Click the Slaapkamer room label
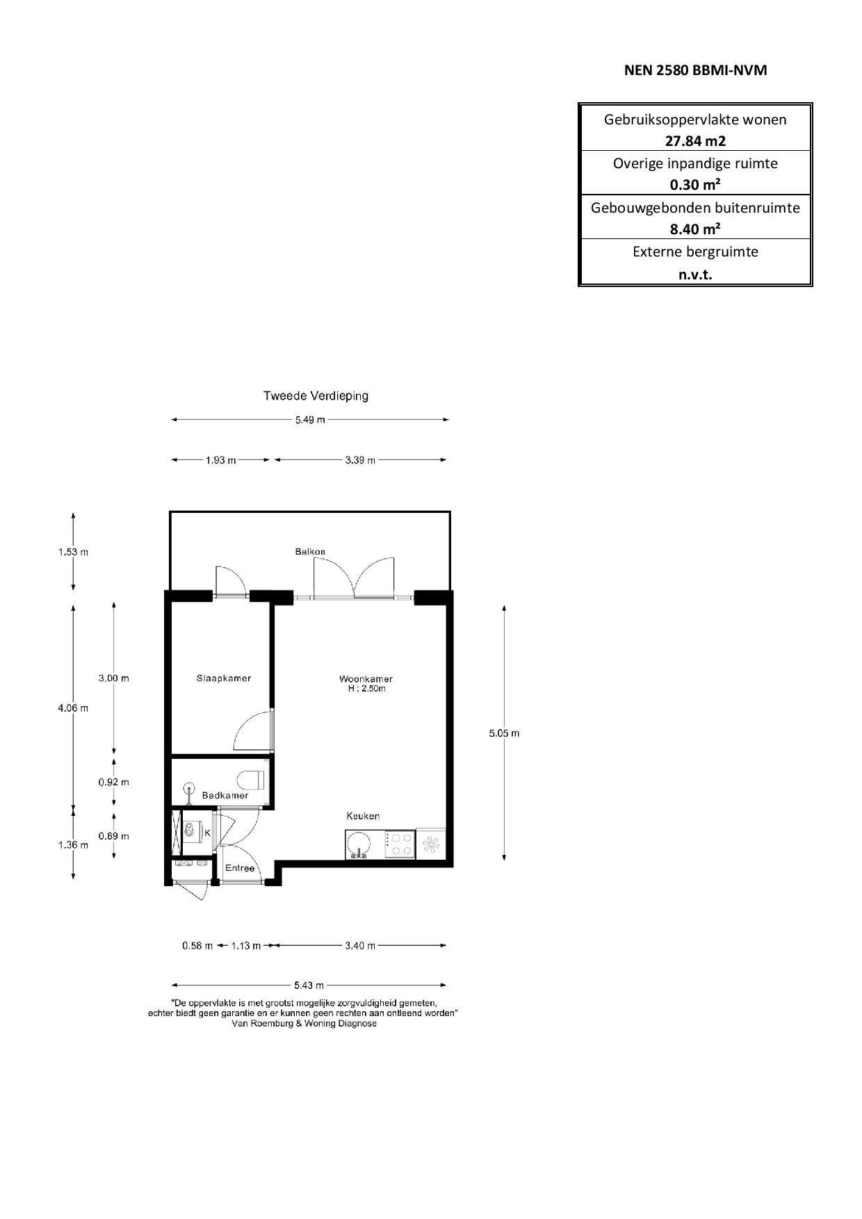click(223, 678)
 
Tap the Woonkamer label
click(366, 679)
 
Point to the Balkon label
click(310, 552)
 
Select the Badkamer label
click(225, 795)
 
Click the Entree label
click(240, 868)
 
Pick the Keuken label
click(363, 816)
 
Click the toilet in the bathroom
click(251, 780)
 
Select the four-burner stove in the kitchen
click(399, 844)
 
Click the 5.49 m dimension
click(310, 420)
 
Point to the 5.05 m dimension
click(504, 733)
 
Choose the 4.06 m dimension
click(73, 708)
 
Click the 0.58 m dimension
click(197, 946)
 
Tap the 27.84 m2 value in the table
click(695, 141)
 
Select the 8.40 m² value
click(695, 229)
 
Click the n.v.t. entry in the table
click(695, 274)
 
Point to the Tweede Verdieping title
click(316, 396)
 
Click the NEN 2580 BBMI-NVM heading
click(695, 70)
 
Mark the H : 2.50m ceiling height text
click(366, 689)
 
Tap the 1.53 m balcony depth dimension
click(73, 553)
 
